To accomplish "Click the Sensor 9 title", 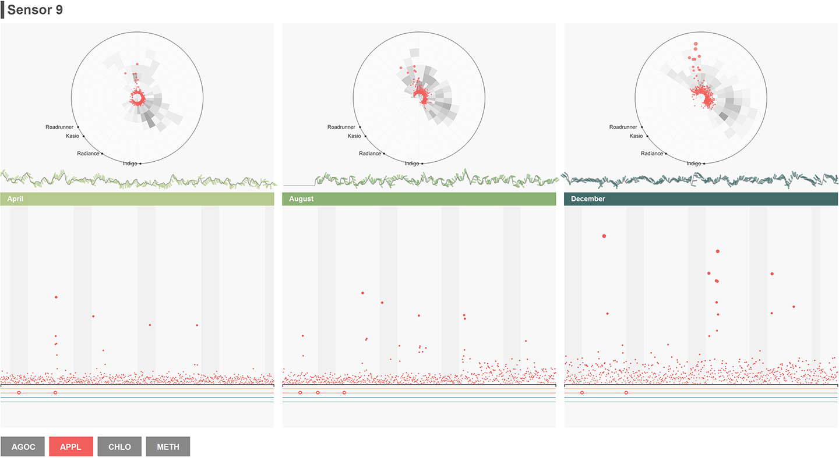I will [35, 10].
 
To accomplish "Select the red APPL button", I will [71, 446].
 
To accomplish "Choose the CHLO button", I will [119, 446].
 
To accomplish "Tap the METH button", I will [168, 446].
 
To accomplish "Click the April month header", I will [137, 199].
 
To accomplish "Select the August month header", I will [419, 199].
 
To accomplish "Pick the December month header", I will [701, 199].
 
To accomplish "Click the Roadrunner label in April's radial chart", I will [61, 127].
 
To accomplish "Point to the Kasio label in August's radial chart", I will [354, 136].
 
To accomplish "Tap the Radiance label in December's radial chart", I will [652, 154].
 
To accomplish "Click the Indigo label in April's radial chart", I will [130, 164].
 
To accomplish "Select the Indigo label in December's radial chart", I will [694, 164].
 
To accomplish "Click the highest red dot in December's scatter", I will [604, 236].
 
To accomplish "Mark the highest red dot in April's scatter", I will [56, 297].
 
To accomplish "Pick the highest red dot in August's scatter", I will [362, 293].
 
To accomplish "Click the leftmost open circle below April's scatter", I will [19, 393].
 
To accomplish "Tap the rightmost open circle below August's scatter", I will [344, 393].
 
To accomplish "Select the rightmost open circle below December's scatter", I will [626, 393].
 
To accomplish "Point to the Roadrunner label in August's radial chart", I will [341, 127].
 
